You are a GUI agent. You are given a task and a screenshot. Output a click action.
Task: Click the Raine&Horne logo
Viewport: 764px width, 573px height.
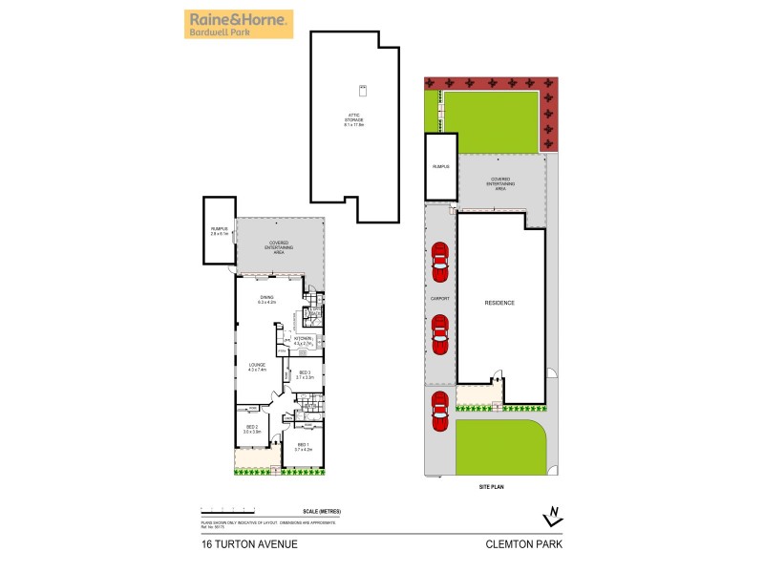pos(238,24)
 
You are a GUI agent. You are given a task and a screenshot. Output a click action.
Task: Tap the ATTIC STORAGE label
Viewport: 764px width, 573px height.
pos(355,122)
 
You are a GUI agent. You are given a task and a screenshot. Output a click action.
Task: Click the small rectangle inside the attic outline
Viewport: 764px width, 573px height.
pos(363,91)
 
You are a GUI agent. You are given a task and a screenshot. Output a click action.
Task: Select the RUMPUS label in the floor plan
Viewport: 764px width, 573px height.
pos(220,230)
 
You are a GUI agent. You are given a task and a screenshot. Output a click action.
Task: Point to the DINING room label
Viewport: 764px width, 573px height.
pos(266,299)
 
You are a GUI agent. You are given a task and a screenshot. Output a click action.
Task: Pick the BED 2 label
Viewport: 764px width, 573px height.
pos(251,429)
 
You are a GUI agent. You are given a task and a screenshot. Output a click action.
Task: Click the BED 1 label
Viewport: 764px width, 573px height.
pos(304,446)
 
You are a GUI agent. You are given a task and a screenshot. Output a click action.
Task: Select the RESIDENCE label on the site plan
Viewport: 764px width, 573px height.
pos(499,303)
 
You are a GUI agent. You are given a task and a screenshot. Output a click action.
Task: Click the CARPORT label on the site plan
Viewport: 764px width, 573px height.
pos(439,298)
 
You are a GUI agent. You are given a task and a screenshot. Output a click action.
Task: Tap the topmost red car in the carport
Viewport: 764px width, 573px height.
pos(439,263)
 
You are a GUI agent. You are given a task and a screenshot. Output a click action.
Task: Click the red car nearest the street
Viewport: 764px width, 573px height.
pos(440,412)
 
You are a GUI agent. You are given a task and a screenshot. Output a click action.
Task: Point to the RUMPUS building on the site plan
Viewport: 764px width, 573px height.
pos(440,167)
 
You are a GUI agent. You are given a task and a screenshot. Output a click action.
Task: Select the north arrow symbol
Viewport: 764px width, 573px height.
pos(551,517)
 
